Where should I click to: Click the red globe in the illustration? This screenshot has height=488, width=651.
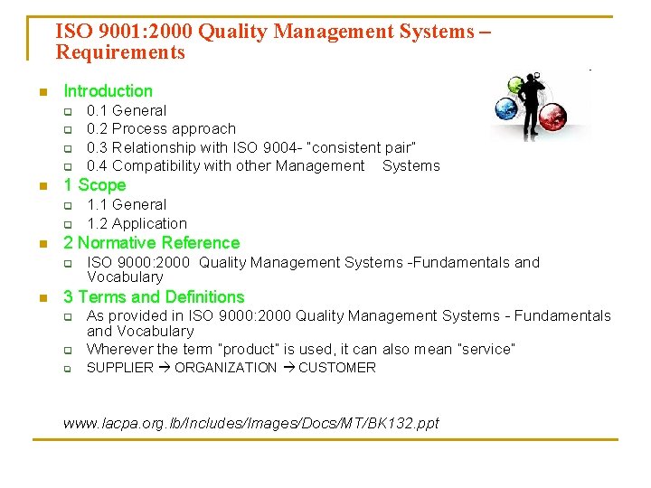[x=551, y=117]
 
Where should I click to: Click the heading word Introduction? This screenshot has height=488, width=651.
[x=108, y=90]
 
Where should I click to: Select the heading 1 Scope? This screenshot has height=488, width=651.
[x=94, y=185]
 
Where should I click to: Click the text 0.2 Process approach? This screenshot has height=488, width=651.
[x=161, y=128]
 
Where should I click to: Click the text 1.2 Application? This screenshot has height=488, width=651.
[x=137, y=223]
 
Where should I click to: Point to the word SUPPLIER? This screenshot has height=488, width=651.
[x=119, y=368]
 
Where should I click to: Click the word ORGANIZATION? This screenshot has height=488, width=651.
[x=225, y=368]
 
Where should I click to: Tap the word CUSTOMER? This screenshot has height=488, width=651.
[x=336, y=368]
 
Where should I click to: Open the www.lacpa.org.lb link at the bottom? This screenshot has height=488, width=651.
[x=250, y=423]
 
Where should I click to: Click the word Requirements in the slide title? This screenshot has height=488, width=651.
[x=120, y=52]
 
